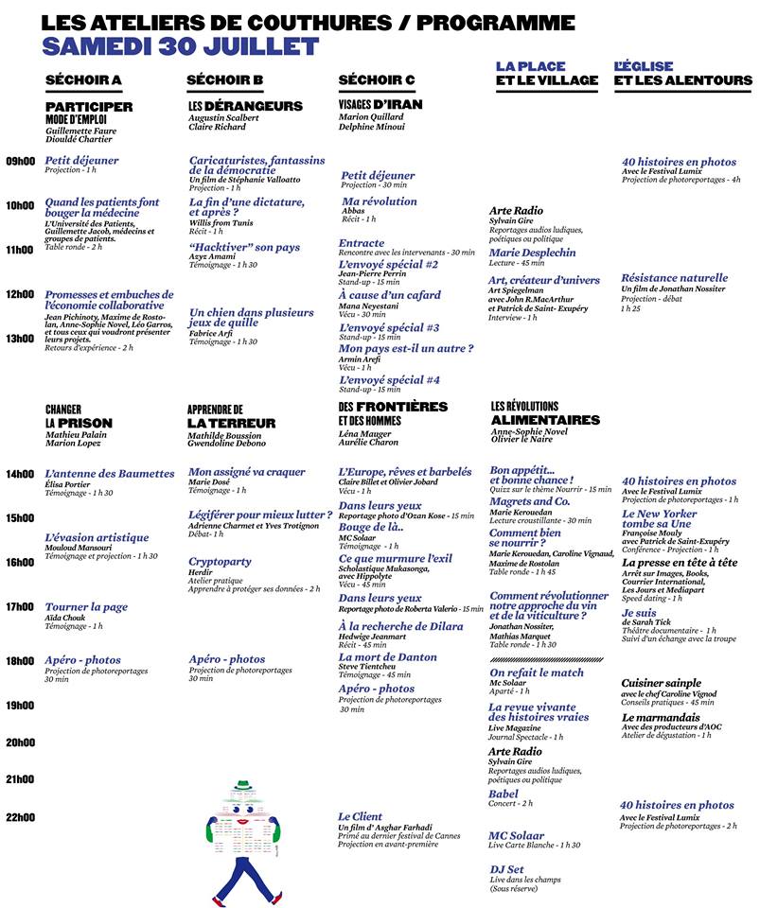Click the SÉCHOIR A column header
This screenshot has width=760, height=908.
(x=83, y=80)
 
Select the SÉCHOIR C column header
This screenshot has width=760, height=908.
(x=377, y=80)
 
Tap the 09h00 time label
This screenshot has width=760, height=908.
(x=20, y=161)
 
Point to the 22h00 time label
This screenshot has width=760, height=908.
(x=20, y=817)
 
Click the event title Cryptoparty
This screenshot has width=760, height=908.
(x=220, y=562)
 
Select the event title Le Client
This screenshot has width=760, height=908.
(x=360, y=816)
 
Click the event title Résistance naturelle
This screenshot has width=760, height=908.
(x=674, y=278)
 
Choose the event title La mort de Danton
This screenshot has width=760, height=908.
(x=387, y=657)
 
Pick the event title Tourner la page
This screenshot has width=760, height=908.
(x=86, y=607)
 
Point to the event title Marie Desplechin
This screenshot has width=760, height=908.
(x=532, y=253)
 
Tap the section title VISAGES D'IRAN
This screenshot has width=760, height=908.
(x=380, y=105)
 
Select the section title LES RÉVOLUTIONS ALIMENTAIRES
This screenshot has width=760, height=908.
(x=544, y=413)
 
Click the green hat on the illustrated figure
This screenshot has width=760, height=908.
(x=246, y=785)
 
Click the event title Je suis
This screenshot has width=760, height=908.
(x=638, y=612)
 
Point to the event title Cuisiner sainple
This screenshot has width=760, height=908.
(x=661, y=683)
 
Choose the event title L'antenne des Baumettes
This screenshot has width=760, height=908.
(x=110, y=473)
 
